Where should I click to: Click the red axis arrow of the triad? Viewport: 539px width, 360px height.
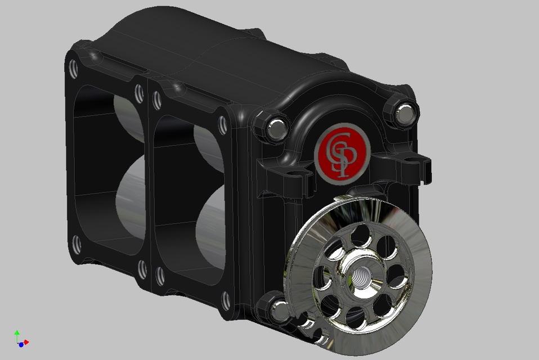pos(26,342)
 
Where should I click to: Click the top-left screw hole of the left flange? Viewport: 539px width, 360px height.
pos(73,69)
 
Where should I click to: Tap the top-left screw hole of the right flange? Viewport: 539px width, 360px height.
pos(158,100)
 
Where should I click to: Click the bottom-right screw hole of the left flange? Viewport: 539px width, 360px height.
pos(143,269)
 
